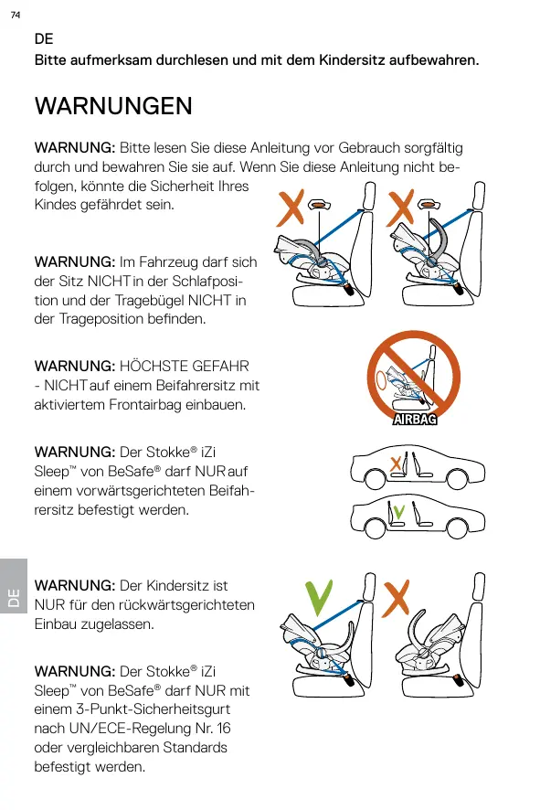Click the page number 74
pyautogui.click(x=16, y=15)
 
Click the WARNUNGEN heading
pyautogui.click(x=113, y=106)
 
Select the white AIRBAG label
pyautogui.click(x=415, y=419)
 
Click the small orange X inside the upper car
pyautogui.click(x=396, y=464)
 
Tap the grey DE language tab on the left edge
pyautogui.click(x=14, y=586)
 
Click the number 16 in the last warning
pyautogui.click(x=224, y=729)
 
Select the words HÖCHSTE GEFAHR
pyautogui.click(x=185, y=367)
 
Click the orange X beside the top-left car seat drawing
pyautogui.click(x=291, y=208)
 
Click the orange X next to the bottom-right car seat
pyautogui.click(x=396, y=598)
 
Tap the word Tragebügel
pyautogui.click(x=149, y=301)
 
